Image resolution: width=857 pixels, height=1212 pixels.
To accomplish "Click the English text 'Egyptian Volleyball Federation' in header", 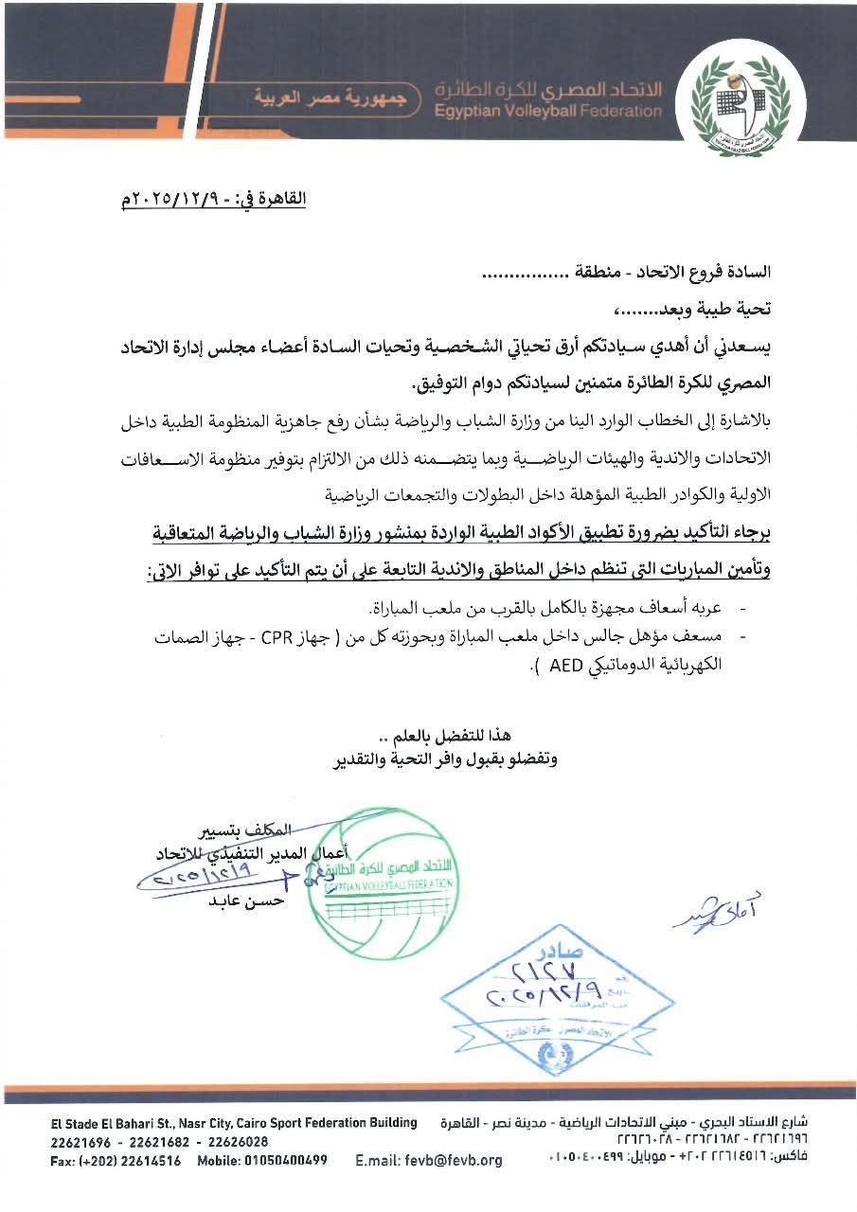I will (548, 111).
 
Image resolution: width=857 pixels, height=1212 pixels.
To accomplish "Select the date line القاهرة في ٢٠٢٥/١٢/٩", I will (213, 200).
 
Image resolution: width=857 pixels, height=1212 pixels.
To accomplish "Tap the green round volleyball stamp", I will (384, 883).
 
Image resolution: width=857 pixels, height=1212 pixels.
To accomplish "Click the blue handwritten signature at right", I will (717, 911).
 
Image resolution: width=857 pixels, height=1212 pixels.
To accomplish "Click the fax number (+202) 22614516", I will (129, 1160).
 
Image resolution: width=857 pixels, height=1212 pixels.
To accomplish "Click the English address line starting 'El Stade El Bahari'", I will (234, 1123).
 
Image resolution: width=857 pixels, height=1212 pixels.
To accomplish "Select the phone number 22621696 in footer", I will (80, 1142).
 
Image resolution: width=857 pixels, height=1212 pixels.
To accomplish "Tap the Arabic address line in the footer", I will (626, 1123).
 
